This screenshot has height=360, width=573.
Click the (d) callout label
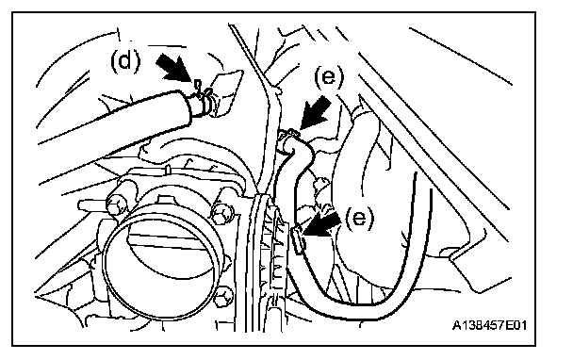click(125, 60)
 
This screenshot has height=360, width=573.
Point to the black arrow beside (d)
click(173, 68)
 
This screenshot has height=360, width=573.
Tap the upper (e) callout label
click(329, 77)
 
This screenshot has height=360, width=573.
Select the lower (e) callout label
click(360, 219)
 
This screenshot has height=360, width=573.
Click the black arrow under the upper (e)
click(315, 112)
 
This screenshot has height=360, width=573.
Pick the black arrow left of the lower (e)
click(320, 225)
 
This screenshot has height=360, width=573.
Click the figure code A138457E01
click(489, 325)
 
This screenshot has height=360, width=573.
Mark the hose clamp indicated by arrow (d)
click(204, 98)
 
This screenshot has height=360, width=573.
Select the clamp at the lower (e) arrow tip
click(298, 239)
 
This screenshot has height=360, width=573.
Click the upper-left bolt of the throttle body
click(116, 205)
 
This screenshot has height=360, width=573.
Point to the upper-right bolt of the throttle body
click(221, 213)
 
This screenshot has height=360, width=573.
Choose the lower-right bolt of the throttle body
click(223, 297)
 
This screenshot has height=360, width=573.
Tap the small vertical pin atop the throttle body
click(167, 170)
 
